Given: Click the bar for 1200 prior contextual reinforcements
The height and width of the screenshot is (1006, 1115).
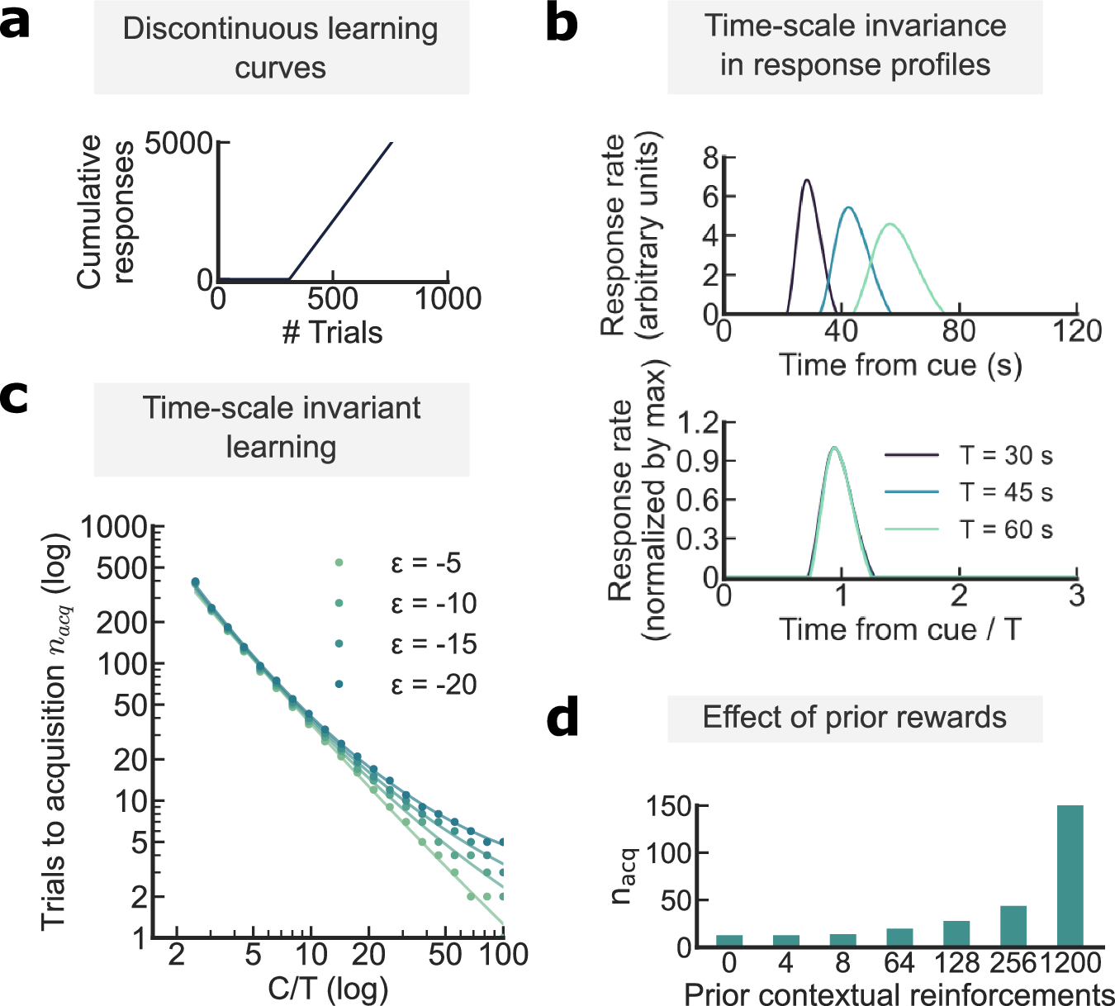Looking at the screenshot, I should tap(1070, 876).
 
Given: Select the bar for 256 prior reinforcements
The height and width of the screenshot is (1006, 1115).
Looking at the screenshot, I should tap(1013, 926).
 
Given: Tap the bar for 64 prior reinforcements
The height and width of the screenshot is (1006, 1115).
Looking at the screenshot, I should tap(899, 937).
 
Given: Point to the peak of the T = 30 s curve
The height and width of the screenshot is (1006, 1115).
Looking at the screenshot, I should tap(807, 180).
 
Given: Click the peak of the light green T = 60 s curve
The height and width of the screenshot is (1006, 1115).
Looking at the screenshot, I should tap(890, 224).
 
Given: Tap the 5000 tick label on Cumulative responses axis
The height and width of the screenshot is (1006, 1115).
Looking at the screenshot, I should tap(178, 144).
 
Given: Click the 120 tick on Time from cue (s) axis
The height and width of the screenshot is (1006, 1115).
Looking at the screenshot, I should tap(1076, 331).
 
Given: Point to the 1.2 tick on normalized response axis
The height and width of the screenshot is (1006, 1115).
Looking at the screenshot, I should tap(695, 424).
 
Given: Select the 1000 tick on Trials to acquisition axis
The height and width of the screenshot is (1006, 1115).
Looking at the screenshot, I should tap(113, 527).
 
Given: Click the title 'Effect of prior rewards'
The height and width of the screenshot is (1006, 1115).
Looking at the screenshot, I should tap(854, 717).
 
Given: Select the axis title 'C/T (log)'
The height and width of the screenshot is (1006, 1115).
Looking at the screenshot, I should tap(328, 988).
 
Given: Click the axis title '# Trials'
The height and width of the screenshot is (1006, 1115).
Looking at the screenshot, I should tap(332, 333).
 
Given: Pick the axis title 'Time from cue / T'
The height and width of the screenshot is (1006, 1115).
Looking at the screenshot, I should tap(900, 629).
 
